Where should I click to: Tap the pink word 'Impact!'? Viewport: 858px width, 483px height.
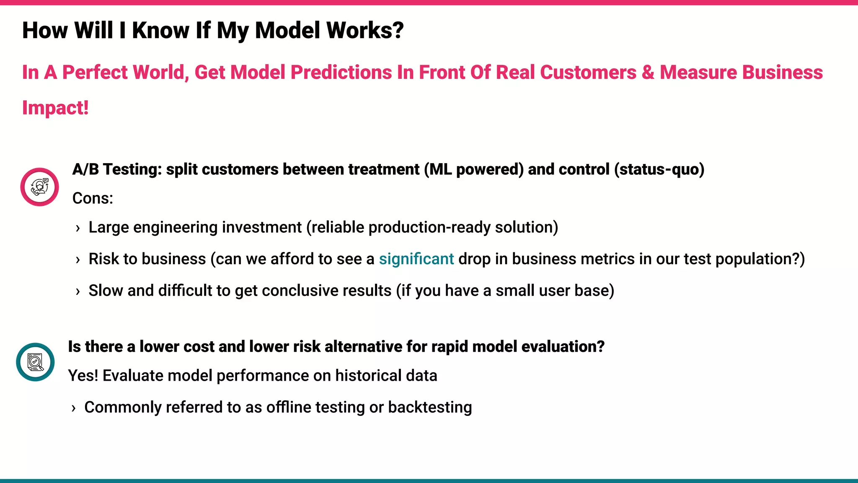coord(55,108)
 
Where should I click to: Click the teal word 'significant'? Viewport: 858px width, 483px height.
coord(416,259)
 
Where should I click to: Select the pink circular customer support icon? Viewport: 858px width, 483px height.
coord(39,187)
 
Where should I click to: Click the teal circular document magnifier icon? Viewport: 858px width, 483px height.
coord(35,362)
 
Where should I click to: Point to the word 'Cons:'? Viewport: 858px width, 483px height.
coord(93,198)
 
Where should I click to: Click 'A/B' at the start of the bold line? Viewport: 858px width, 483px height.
coord(85,169)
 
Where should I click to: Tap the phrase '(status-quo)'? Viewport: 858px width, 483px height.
coord(659,169)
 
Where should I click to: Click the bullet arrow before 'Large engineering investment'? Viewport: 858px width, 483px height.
coord(78,228)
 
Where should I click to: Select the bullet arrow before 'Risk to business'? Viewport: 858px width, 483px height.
coord(78,260)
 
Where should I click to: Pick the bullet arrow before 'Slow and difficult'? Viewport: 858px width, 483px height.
coord(78,291)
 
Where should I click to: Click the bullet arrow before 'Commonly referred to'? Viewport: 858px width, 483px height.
coord(73,408)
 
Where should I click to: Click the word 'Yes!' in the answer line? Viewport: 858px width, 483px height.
coord(83,376)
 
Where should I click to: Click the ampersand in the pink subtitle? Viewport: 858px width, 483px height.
coord(648,73)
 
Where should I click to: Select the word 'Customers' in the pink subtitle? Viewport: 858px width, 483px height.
coord(588,73)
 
